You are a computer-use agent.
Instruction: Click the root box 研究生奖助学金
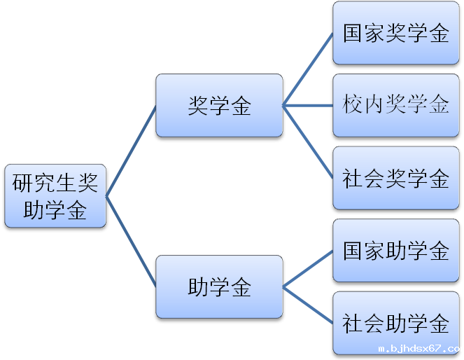click(55, 196)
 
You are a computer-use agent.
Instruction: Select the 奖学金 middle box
click(219, 106)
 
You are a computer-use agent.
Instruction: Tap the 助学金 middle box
click(219, 286)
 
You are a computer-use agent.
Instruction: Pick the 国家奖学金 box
click(395, 33)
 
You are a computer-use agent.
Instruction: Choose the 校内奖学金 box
click(395, 105)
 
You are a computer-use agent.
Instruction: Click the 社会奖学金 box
click(395, 178)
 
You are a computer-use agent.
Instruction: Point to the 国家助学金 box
click(395, 251)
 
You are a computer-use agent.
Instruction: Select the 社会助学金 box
click(395, 323)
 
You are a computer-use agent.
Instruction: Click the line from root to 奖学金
click(131, 151)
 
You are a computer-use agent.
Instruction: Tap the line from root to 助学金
click(131, 242)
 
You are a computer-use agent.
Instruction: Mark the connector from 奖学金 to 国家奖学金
click(308, 69)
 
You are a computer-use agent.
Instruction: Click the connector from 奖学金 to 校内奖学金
click(308, 106)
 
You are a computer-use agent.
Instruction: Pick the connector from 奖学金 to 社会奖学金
click(308, 141)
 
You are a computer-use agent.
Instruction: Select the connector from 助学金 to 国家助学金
click(308, 269)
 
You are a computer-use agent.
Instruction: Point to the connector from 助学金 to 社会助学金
click(308, 305)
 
